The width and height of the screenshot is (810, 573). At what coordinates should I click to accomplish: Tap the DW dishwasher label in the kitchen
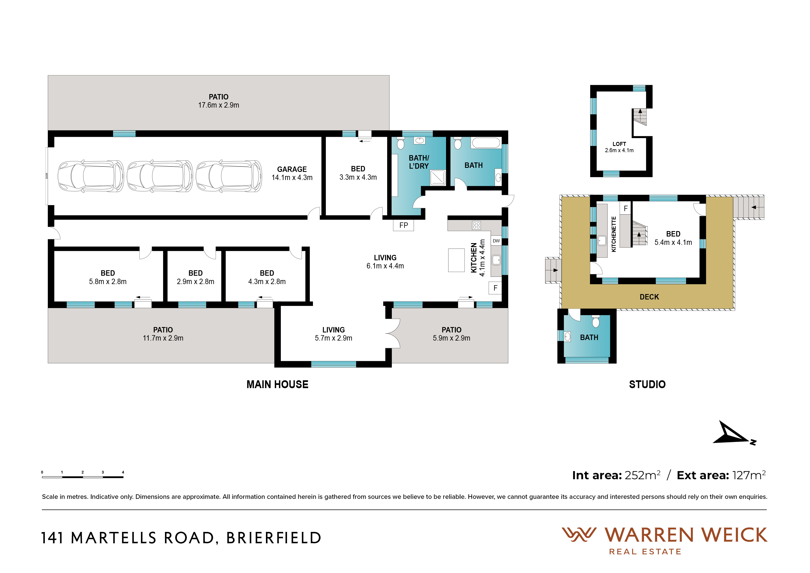click(496, 241)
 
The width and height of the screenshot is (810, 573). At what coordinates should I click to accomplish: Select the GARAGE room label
click(292, 169)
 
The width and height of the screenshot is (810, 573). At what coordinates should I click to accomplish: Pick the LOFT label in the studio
click(619, 144)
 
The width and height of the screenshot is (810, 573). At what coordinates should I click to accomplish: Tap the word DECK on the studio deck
click(649, 297)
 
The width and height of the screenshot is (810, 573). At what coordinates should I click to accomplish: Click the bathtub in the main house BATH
click(486, 143)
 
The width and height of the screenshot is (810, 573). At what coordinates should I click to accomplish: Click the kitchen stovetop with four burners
click(476, 225)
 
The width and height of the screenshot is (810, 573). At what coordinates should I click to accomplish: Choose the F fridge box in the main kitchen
click(495, 288)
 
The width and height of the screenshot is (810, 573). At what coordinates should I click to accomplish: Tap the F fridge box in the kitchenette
click(626, 208)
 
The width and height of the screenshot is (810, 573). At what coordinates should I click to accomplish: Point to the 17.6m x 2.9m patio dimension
click(218, 105)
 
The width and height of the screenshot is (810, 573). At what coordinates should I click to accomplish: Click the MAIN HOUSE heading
click(277, 384)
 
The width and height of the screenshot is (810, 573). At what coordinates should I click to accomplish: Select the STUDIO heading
click(647, 384)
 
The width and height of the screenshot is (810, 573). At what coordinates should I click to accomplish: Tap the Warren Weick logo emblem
click(579, 535)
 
